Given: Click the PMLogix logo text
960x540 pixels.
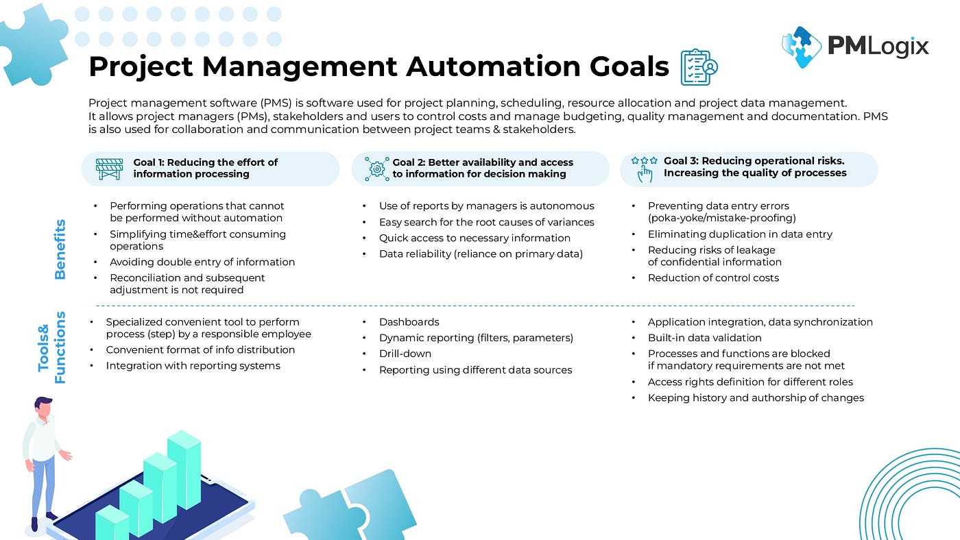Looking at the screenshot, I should point(878,46).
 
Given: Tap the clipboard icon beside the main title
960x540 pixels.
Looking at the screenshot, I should point(699,67).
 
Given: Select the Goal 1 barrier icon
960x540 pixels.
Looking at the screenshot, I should point(108,169).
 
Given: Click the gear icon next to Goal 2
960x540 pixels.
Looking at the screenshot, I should point(376,169).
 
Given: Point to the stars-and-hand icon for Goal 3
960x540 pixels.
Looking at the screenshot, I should point(644,169).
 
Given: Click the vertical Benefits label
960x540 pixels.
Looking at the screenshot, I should point(60,249).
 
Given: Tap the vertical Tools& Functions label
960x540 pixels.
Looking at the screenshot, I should point(52,348).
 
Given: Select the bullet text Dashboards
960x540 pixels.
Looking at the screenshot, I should point(409,322).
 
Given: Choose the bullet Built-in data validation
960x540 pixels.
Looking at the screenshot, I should point(704,338).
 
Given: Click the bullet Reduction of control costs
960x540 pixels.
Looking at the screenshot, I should point(713,278).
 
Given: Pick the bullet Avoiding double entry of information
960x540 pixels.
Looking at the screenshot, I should point(202,262).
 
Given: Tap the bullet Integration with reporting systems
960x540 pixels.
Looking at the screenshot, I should point(193,366).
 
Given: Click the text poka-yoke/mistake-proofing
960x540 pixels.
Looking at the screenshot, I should point(721,218).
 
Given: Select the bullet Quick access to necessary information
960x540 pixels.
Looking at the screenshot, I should point(475,238).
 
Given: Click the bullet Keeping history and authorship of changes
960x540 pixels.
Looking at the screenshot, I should point(755,397).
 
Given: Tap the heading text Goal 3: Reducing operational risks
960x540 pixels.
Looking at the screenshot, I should point(754,161).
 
